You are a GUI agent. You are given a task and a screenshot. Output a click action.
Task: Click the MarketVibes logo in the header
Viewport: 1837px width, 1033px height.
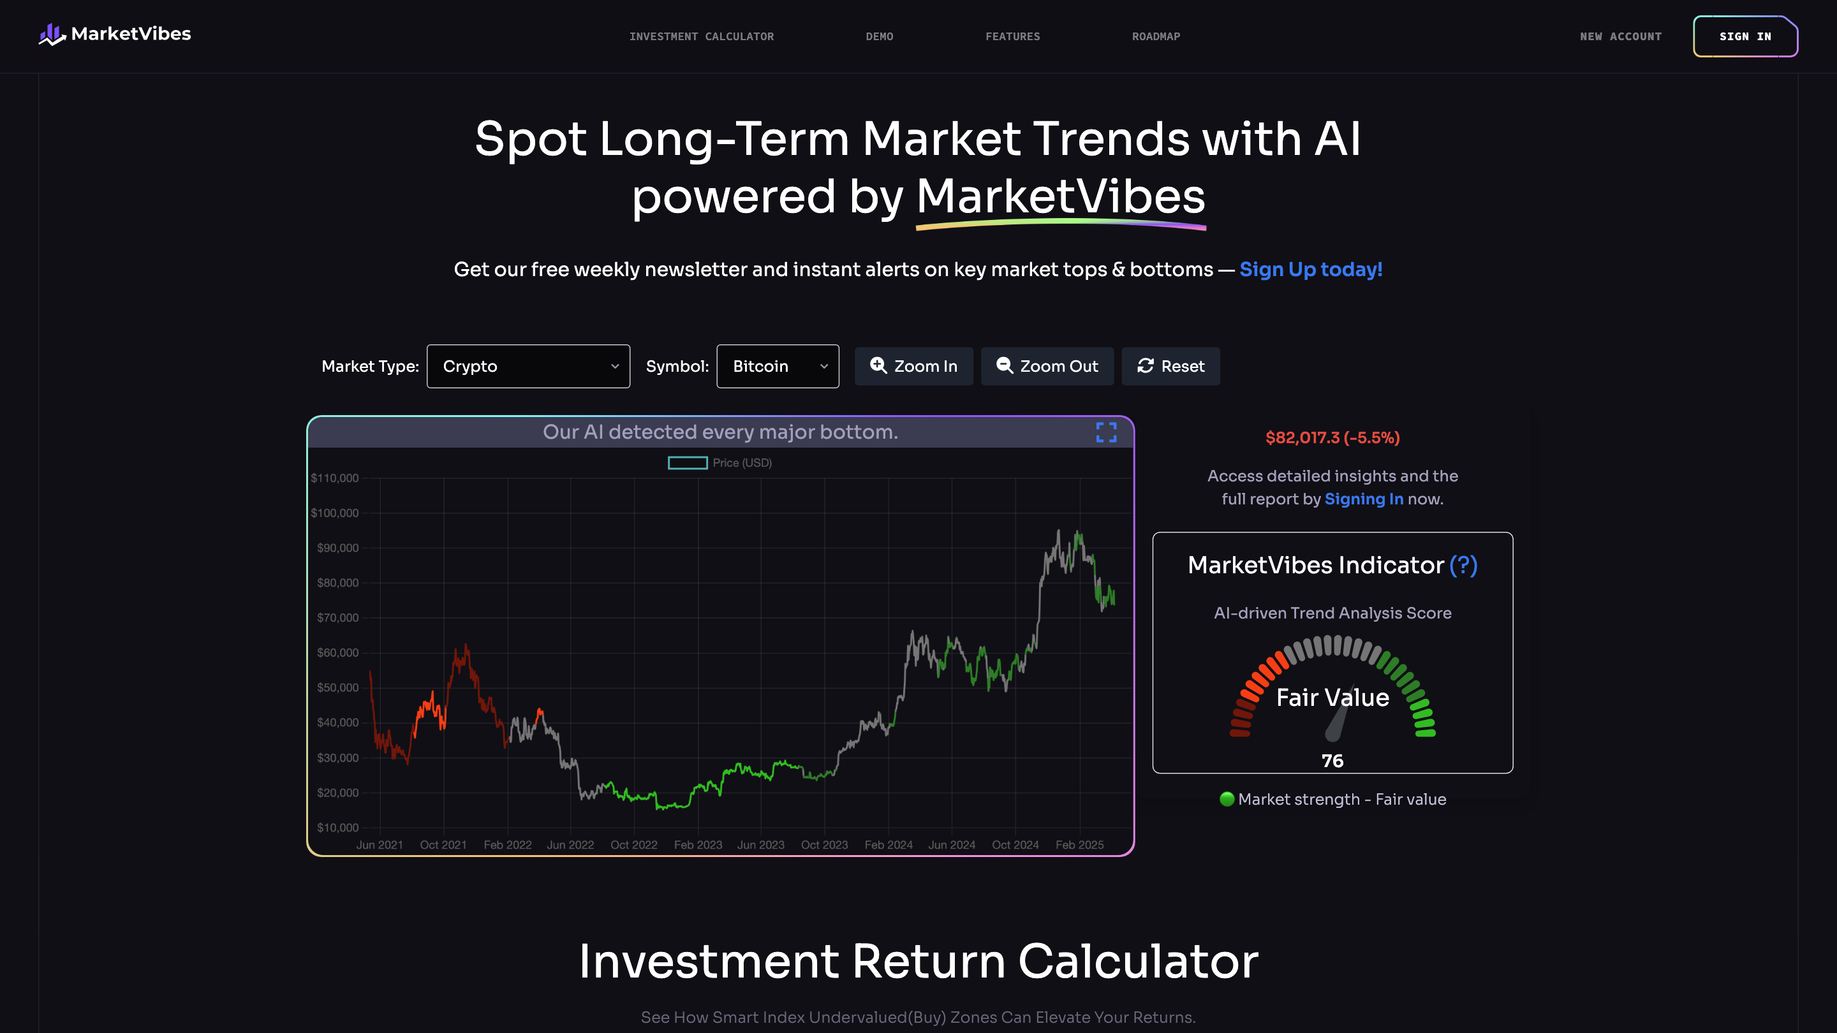tap(115, 34)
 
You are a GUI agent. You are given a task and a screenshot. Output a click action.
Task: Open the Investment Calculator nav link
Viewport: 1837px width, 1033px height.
tap(701, 36)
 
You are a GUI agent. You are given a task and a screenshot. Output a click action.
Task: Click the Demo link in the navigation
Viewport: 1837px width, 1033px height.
tap(880, 36)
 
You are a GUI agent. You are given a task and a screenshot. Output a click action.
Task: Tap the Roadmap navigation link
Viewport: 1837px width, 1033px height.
tap(1156, 36)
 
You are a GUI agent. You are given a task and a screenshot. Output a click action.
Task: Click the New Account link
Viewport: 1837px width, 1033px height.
tap(1620, 36)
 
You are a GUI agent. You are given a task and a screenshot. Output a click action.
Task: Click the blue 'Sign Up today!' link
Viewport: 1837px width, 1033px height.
tap(1311, 270)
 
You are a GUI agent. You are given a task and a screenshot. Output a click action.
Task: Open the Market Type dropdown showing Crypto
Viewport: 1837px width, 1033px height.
tap(528, 367)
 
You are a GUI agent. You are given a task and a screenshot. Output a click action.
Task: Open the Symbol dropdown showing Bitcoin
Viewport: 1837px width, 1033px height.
tap(778, 367)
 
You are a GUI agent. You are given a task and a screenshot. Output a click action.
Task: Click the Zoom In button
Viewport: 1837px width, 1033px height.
tap(913, 367)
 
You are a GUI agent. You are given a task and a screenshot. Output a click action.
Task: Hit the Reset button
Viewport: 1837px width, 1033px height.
tap(1170, 367)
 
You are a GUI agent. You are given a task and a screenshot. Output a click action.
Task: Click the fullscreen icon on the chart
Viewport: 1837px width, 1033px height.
tap(1106, 432)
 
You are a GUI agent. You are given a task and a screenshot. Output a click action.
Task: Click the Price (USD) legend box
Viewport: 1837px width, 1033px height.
tap(688, 464)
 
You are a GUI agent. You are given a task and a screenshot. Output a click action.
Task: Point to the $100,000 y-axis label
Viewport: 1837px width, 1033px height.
tap(334, 513)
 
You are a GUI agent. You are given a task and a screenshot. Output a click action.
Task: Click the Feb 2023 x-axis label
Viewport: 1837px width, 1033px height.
tap(697, 845)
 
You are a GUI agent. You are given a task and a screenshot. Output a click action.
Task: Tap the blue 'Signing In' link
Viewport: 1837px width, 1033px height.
tap(1364, 499)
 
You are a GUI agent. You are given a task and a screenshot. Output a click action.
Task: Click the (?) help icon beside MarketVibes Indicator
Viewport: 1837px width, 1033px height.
tap(1463, 566)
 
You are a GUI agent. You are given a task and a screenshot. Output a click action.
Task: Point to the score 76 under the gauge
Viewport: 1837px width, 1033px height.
tap(1332, 761)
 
